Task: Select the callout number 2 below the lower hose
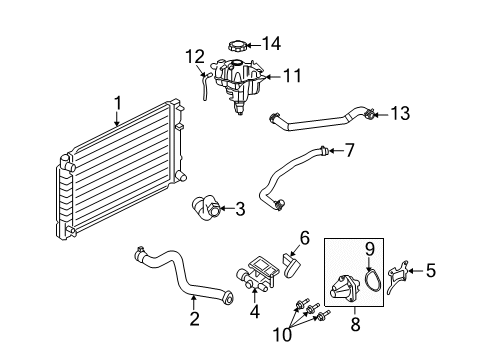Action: coord(194,319)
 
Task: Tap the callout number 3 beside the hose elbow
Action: coord(239,209)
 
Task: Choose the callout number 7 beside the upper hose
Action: coord(349,152)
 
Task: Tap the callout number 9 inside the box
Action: coord(368,248)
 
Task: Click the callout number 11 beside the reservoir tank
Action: coord(291,74)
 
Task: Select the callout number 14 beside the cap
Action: coord(271,42)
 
